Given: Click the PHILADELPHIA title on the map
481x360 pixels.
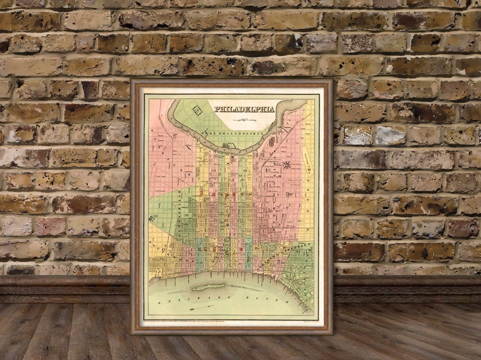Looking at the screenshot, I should (245, 109).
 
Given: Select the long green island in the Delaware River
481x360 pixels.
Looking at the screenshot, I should (209, 287).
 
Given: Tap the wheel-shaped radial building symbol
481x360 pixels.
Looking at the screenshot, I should (288, 165).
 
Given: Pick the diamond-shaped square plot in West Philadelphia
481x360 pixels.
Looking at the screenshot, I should (197, 110).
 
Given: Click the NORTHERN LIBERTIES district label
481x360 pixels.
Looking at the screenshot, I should (291, 253).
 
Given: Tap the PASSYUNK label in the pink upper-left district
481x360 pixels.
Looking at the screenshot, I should (160, 146).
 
